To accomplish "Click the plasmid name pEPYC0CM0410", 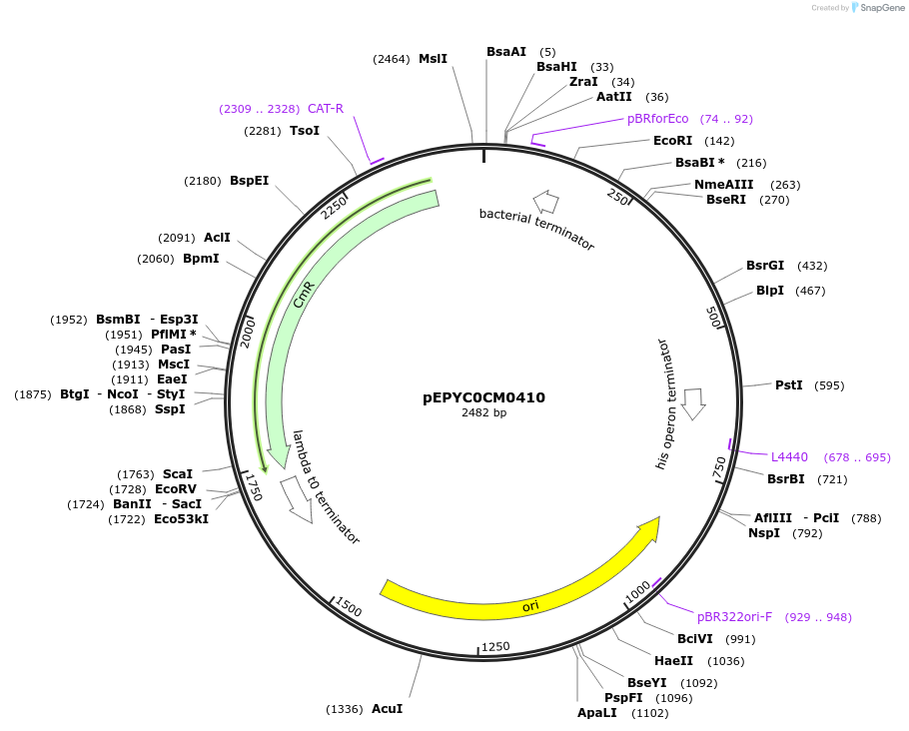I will (483, 397).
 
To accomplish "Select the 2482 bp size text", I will (483, 412).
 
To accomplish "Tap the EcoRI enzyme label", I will (672, 141).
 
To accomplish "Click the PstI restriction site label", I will (788, 384).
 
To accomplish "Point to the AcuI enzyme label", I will (387, 708).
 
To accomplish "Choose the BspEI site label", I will (249, 181).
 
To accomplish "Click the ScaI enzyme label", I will (178, 474).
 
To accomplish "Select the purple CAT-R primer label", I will (326, 109).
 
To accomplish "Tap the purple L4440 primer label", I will (789, 457).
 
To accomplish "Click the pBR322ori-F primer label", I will (734, 617).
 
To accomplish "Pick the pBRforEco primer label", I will (657, 119).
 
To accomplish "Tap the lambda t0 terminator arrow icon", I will (297, 498).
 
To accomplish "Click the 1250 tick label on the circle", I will (495, 646).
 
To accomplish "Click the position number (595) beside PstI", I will (829, 385).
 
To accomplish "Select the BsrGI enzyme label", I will (765, 266).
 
